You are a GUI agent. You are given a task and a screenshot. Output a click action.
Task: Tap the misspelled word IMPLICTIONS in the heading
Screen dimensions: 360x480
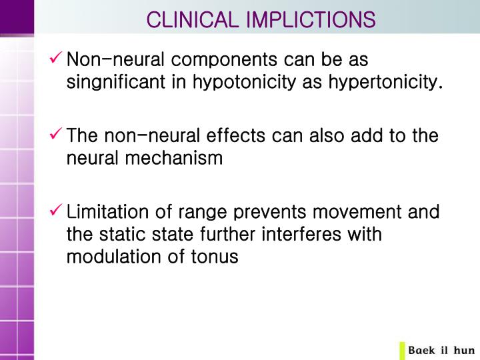pyautogui.click(x=311, y=19)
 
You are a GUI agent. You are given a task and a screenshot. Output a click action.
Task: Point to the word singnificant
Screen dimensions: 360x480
pyautogui.click(x=126, y=83)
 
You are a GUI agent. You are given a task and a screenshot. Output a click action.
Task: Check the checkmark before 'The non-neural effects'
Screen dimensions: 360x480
pyautogui.click(x=57, y=136)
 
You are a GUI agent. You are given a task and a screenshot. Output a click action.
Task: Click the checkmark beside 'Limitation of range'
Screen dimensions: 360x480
pyautogui.click(x=57, y=212)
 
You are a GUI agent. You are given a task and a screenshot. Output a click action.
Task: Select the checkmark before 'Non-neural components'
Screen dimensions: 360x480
pyautogui.click(x=57, y=59)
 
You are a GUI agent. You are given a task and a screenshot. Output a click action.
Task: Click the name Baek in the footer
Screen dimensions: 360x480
pyautogui.click(x=422, y=350)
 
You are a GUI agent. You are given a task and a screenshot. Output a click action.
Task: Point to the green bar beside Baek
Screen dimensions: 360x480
pyautogui.click(x=402, y=350)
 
